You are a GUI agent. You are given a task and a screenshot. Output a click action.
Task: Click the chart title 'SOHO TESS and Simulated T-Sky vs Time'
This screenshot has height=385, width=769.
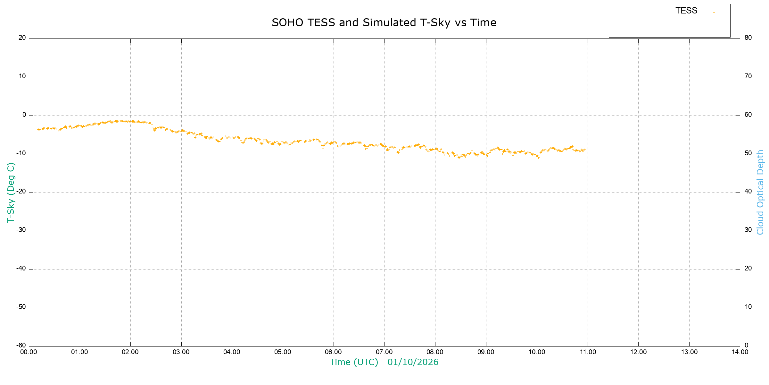point(384,23)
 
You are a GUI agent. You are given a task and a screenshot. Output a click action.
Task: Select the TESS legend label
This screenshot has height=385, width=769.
point(686,11)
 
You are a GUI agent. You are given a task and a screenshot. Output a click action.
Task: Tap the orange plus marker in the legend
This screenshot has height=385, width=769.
point(714,13)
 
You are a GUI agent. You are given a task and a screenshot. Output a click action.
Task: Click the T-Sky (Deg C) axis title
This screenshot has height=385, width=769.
point(11,193)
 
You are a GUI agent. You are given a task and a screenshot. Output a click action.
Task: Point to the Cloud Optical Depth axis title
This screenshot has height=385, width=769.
point(760,192)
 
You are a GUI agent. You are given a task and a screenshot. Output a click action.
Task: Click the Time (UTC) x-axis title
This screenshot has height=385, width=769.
point(354,362)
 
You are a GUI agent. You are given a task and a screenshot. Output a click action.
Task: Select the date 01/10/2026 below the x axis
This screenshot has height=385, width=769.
point(413,362)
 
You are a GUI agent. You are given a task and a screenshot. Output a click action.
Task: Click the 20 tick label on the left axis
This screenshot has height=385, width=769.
point(22,38)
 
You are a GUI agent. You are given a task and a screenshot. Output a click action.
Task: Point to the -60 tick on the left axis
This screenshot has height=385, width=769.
point(21,346)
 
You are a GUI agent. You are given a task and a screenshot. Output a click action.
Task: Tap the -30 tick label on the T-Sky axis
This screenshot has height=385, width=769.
point(21,230)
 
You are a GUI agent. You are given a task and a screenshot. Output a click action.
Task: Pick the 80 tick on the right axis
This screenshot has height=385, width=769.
point(748,38)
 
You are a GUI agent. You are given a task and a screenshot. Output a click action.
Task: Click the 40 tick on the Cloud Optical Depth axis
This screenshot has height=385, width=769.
point(748,192)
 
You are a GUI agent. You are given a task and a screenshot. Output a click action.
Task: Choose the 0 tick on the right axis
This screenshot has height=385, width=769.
point(747,346)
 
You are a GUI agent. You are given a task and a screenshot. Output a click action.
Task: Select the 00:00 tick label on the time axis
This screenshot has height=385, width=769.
point(29,352)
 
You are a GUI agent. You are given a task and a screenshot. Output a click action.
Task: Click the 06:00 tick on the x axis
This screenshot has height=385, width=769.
point(334,352)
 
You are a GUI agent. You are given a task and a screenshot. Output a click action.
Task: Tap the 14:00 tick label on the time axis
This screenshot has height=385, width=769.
point(740,352)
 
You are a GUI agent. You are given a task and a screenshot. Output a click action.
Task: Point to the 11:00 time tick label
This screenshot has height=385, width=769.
point(588,352)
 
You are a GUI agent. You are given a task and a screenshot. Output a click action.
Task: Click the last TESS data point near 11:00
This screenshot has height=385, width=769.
point(585,150)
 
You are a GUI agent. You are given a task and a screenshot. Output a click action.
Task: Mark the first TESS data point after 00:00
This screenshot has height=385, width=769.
point(38,129)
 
